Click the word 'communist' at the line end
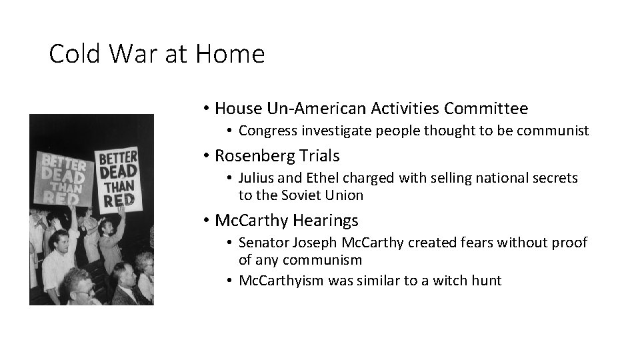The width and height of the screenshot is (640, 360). coord(557,131)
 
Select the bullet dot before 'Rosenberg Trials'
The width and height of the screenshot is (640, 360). coord(208,157)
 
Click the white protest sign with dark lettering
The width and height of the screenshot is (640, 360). coord(118,178)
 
